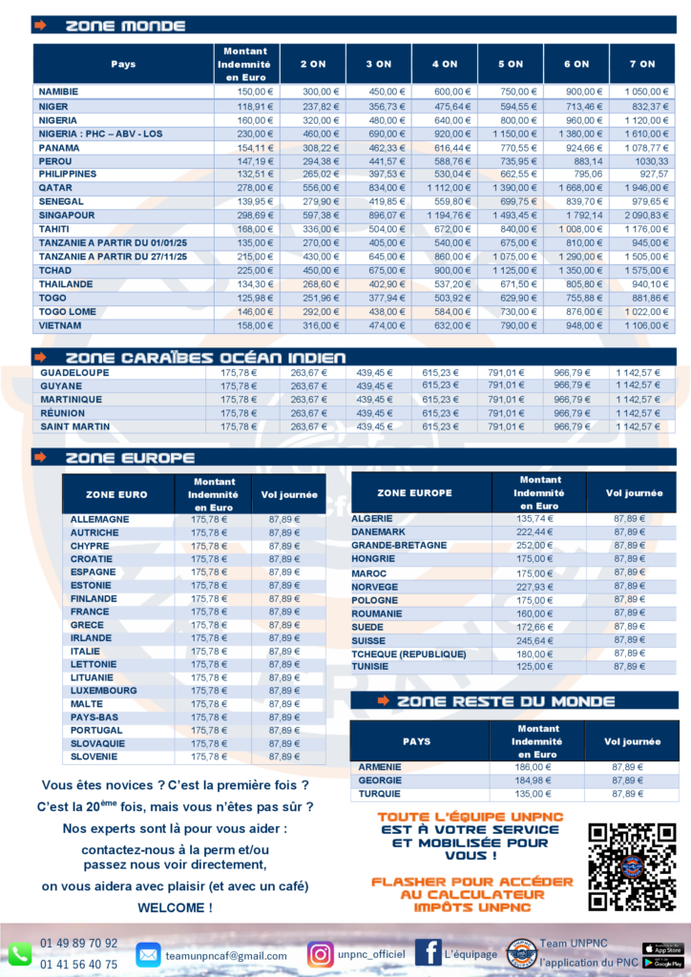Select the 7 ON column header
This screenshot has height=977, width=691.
[642, 64]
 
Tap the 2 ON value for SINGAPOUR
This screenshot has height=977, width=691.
[311, 216]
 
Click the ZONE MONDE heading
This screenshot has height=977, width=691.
[125, 26]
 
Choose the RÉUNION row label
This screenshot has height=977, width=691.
[63, 413]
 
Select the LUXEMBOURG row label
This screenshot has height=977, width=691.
[103, 690]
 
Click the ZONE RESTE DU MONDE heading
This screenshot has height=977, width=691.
[506, 701]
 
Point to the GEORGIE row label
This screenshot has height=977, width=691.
[380, 780]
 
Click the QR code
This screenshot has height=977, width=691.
[631, 866]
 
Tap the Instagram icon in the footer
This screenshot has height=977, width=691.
[321, 954]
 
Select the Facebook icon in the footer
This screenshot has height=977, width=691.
[428, 952]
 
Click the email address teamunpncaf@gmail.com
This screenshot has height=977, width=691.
[225, 955]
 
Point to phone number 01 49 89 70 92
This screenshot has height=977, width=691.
[79, 944]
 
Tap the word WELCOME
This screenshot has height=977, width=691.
[176, 907]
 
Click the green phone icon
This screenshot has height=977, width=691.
[20, 954]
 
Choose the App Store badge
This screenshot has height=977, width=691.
[662, 948]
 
